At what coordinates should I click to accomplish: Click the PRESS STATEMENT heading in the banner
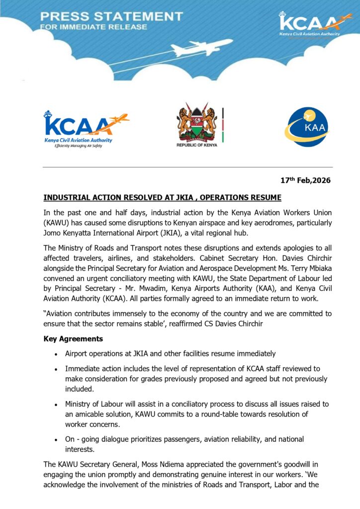tap(111, 16)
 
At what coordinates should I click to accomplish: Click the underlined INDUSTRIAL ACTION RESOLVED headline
tap(162, 198)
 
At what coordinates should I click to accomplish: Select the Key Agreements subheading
tap(73, 339)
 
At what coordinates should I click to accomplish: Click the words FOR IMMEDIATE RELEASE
tap(93, 27)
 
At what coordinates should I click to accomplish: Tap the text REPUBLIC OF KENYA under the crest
tap(197, 145)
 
